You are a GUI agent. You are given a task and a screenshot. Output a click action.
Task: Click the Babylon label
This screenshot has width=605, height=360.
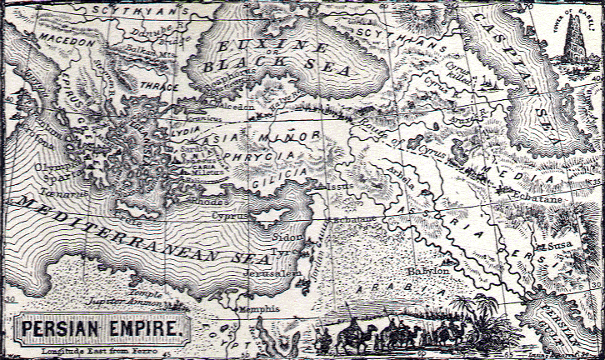[x=428, y=271]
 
